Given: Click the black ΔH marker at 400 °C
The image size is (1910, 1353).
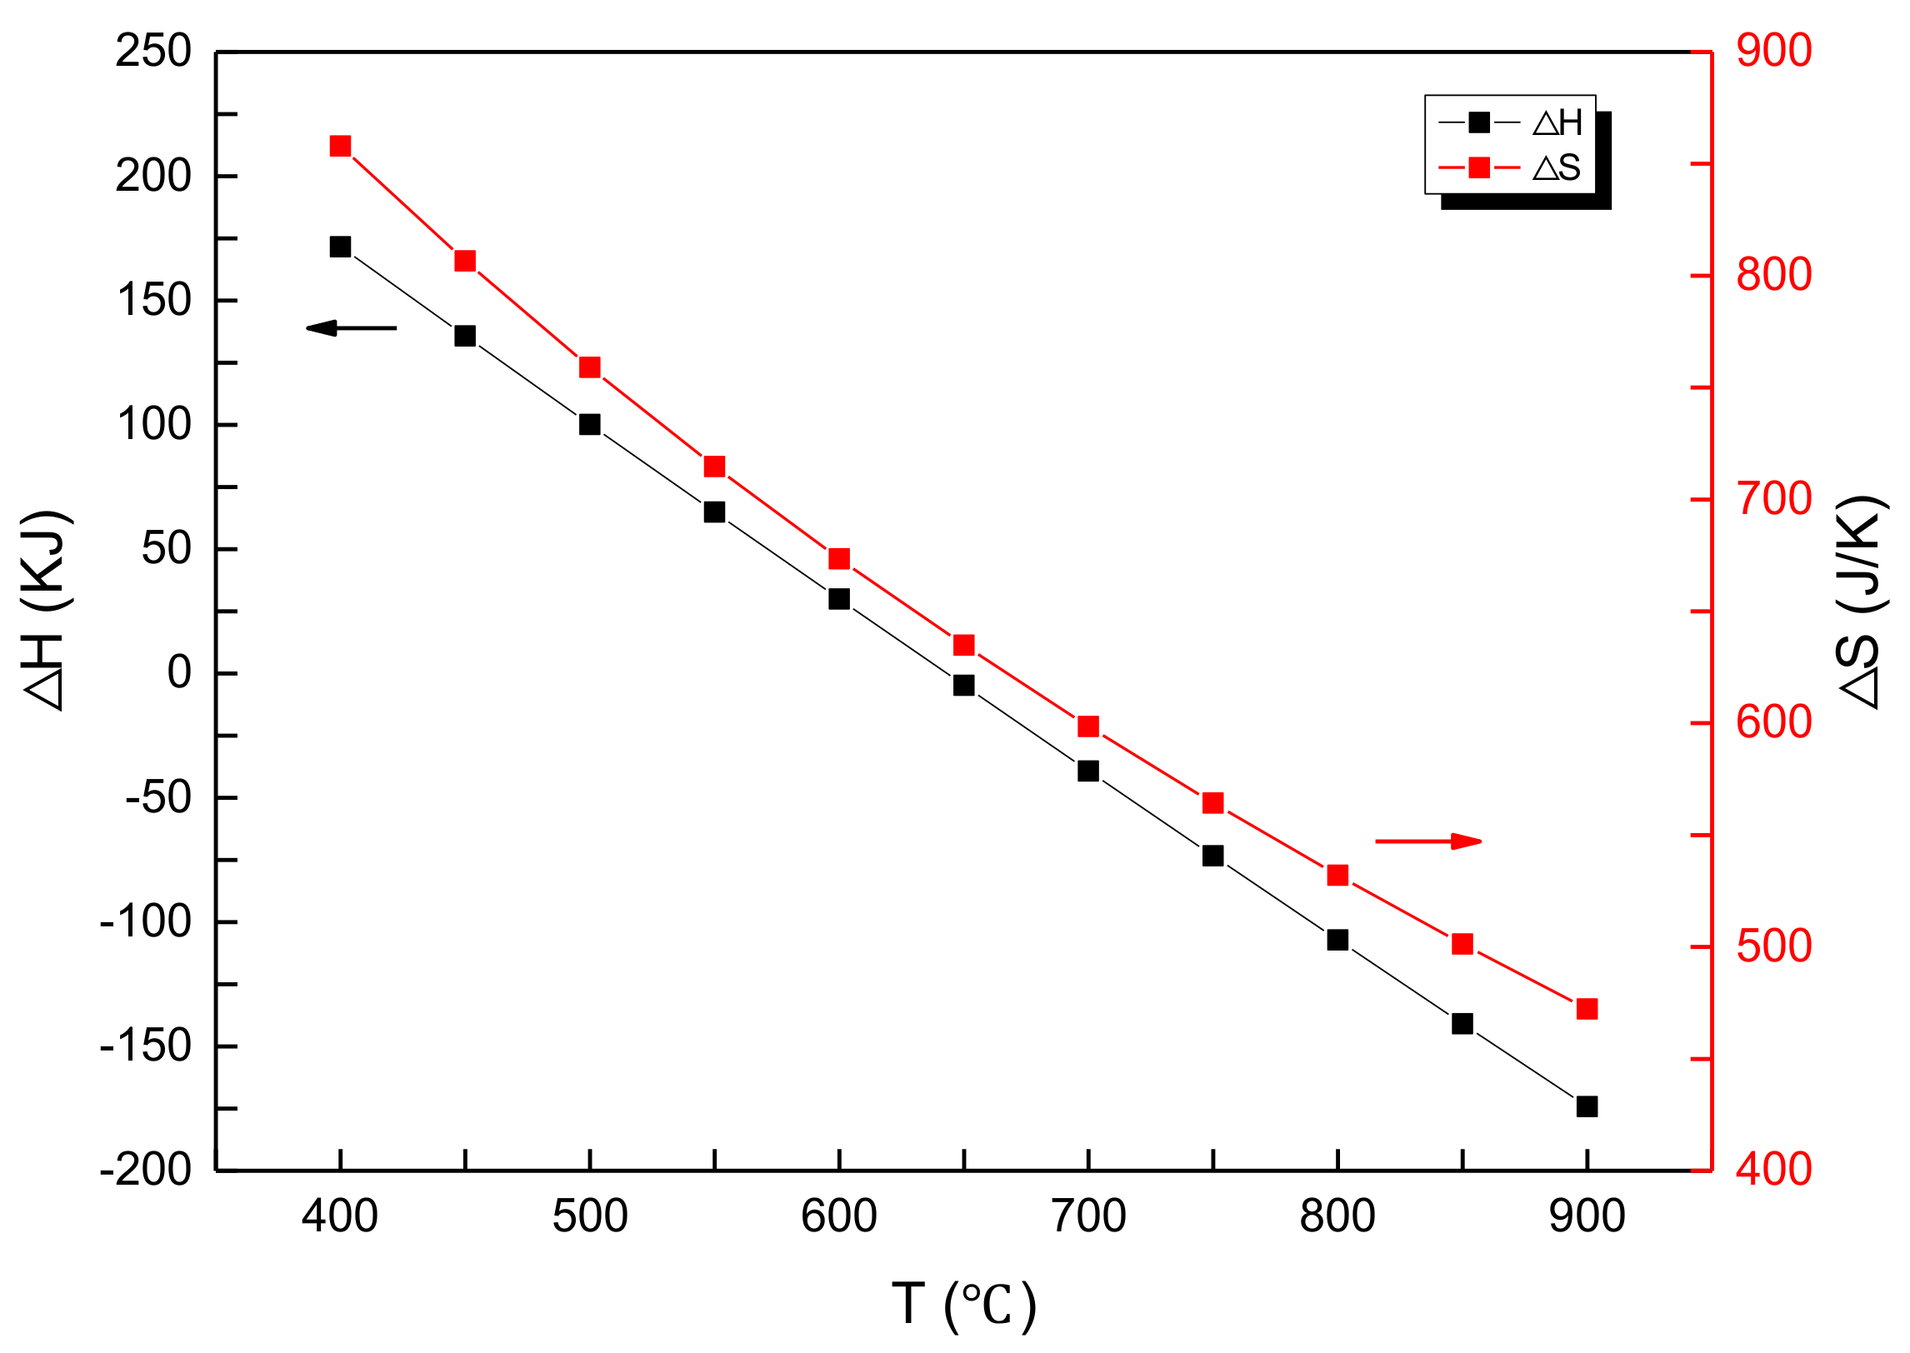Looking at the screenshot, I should (x=340, y=247).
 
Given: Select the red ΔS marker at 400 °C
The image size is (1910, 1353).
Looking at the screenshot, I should (x=340, y=147).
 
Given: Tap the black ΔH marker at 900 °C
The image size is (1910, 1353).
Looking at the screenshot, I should (x=1587, y=1106).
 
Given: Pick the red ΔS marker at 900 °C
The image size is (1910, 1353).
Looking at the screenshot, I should (x=1587, y=1009).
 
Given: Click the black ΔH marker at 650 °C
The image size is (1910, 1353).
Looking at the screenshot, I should (x=963, y=685).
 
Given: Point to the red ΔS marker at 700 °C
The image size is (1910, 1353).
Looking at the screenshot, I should (x=1088, y=726).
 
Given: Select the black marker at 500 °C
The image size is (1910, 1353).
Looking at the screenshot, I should (x=590, y=425).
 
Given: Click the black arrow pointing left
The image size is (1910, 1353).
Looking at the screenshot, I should (x=351, y=328).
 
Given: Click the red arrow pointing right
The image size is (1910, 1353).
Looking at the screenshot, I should (x=1427, y=841).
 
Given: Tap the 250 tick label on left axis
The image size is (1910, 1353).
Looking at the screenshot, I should (x=153, y=52).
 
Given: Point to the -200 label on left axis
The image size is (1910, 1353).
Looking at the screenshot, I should (x=145, y=1170).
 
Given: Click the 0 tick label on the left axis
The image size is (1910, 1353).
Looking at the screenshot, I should (x=179, y=672).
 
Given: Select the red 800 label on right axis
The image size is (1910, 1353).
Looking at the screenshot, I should (x=1773, y=275).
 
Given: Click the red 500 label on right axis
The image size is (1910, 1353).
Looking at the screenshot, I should (x=1773, y=946).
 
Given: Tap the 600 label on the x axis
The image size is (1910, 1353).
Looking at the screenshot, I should (x=838, y=1216).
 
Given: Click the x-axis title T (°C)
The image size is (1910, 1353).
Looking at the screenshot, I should (x=964, y=1304).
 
